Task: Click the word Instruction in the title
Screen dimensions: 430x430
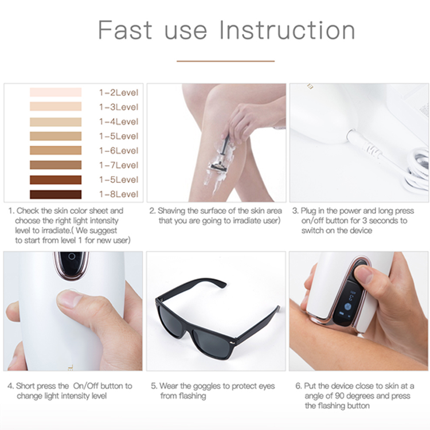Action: (x=287, y=30)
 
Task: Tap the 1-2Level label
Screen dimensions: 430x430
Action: (x=119, y=93)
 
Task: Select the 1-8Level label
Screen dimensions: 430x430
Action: (x=119, y=194)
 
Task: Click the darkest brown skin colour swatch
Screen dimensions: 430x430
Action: (x=56, y=194)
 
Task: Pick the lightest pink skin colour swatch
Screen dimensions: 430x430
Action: (x=56, y=92)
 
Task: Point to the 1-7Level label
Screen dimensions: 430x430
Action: (x=119, y=165)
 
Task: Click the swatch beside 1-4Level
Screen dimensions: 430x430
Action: (x=56, y=122)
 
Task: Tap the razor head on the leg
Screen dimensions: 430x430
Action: (x=218, y=167)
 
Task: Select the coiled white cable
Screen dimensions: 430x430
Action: (x=418, y=170)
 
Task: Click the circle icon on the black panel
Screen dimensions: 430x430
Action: (x=72, y=256)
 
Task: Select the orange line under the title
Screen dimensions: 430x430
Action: (x=225, y=61)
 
